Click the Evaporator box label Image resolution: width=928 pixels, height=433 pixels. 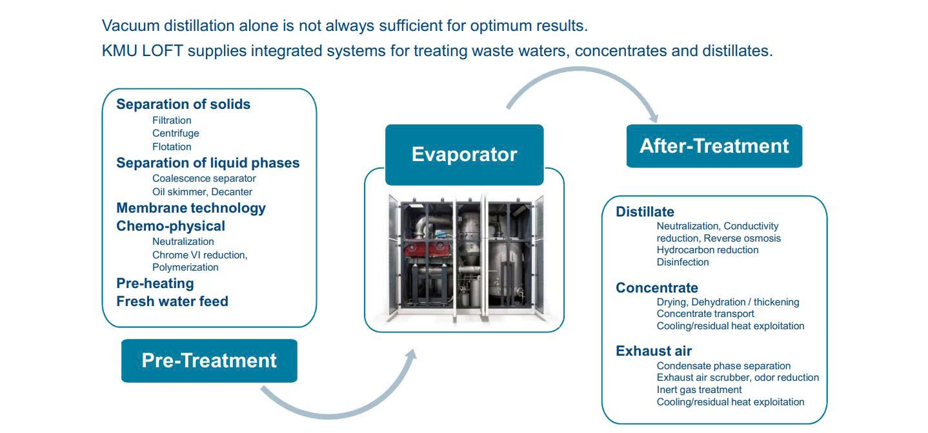coord(465,155)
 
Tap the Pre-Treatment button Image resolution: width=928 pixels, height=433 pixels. coord(209,361)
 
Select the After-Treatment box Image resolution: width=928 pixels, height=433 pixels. coord(714,146)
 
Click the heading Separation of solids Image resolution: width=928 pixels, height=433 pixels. coord(183,104)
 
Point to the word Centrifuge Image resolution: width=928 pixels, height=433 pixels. coord(176,133)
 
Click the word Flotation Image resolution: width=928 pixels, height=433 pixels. coord(172,147)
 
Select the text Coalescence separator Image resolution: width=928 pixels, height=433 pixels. coord(204,178)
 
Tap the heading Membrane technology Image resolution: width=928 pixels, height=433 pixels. coord(191,208)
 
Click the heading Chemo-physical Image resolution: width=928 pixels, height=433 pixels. coord(170,226)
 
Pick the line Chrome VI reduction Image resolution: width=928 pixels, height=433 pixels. coord(199,255)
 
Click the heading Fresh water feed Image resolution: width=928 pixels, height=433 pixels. coord(172,302)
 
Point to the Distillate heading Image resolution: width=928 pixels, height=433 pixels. coord(645,212)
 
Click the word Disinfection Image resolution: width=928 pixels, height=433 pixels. coord(683,262)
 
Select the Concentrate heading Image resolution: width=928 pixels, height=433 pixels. coord(657,288)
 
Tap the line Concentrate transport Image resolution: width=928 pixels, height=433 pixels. coord(705,314)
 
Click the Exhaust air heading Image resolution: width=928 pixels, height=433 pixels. coord(654,351)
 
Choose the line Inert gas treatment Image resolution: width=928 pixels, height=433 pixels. coord(699,390)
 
